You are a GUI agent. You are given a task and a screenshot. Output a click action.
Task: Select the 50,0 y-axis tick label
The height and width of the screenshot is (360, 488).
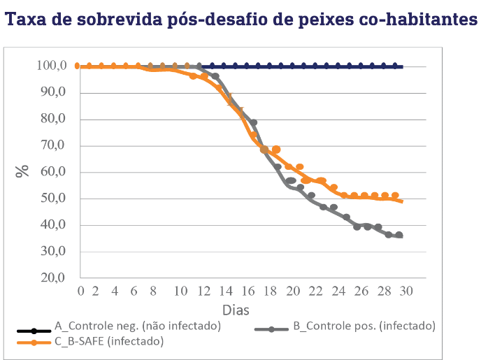54,199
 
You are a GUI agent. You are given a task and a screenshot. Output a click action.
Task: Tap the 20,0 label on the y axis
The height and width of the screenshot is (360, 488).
54,278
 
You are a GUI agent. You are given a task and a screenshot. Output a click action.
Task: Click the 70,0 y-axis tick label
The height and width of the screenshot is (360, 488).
54,146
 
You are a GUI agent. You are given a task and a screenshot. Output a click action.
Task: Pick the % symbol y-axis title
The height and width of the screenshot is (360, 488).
23,171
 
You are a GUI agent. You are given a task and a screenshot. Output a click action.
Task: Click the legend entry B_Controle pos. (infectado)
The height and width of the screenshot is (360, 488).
364,326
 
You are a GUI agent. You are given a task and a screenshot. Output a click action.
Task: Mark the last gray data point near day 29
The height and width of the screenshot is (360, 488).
399,236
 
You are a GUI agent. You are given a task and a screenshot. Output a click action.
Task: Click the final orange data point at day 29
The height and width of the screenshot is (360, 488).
395,196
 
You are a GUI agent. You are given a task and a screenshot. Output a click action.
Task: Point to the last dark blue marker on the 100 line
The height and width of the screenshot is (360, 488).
395,66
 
